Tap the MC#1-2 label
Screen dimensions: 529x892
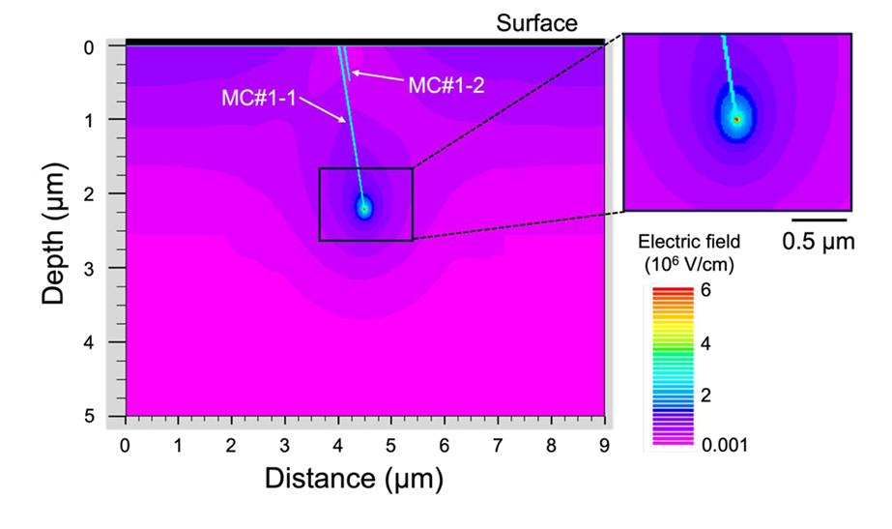click(x=446, y=85)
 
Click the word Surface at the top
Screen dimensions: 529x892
click(x=537, y=22)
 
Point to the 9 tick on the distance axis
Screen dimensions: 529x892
click(x=604, y=446)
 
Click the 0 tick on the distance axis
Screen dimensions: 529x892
click(x=125, y=446)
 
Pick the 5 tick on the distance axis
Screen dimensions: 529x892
click(x=391, y=446)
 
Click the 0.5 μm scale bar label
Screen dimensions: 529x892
click(x=819, y=242)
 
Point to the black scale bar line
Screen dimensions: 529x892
click(x=819, y=221)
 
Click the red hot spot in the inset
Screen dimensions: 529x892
click(x=736, y=119)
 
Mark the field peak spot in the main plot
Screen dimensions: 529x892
click(x=364, y=206)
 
